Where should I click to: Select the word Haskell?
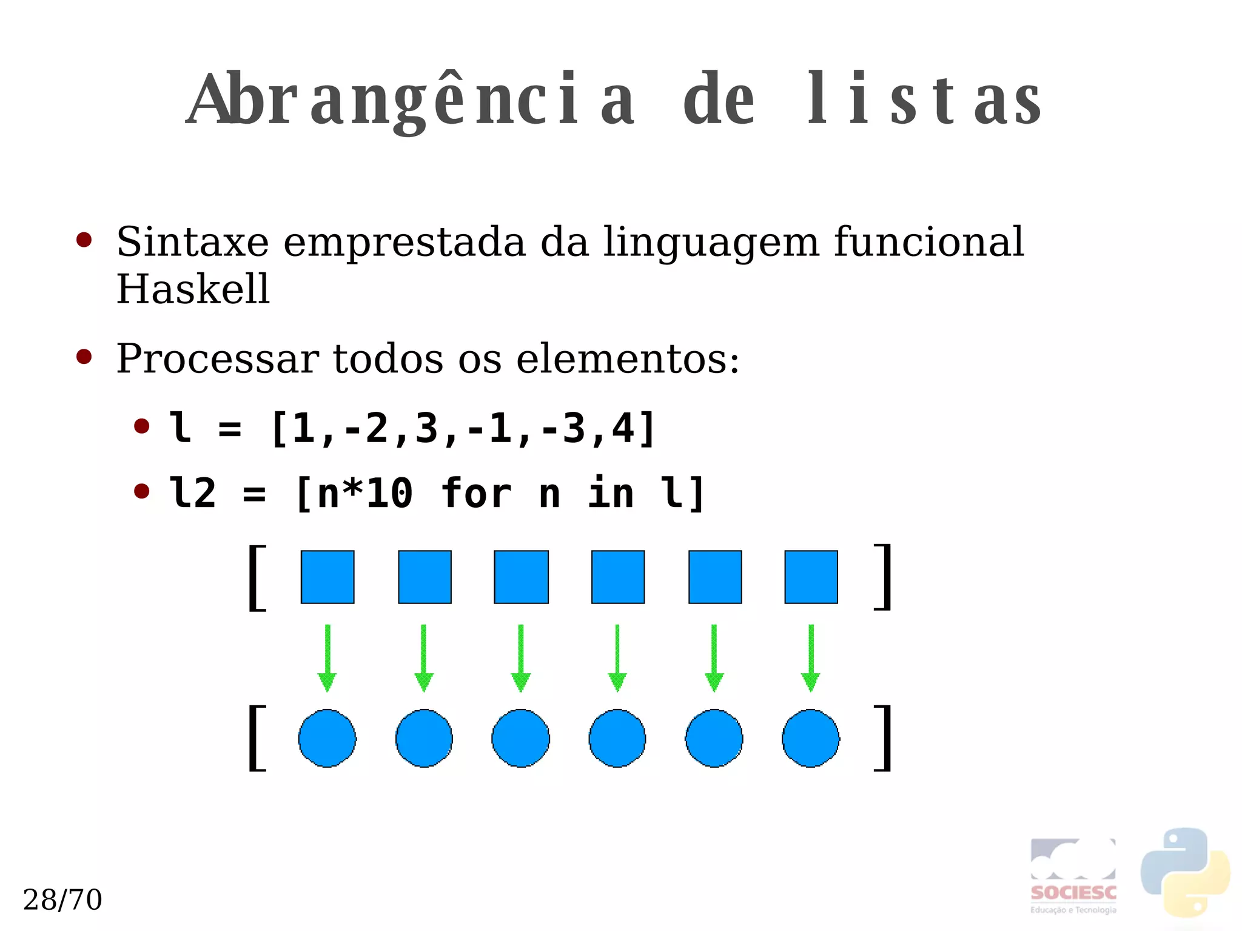tap(193, 289)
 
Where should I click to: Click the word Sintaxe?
tap(192, 242)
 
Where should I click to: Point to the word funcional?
tap(928, 242)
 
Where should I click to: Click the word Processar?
tap(217, 358)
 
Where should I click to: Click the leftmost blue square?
tap(327, 577)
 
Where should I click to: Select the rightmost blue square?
tap(811, 577)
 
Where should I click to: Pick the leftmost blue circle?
tap(327, 738)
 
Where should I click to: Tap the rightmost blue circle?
tap(811, 738)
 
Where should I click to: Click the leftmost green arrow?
tap(327, 658)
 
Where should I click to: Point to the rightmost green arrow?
tap(811, 658)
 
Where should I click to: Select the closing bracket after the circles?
tap(884, 738)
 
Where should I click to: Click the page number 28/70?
tap(62, 899)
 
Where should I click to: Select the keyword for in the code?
tap(476, 492)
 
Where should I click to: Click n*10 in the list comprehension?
tap(364, 492)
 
